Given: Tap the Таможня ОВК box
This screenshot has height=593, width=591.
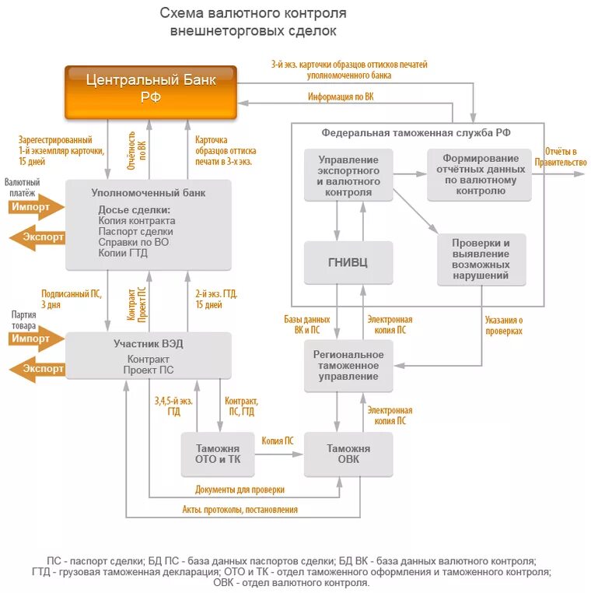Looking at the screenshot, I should pyautogui.click(x=348, y=454).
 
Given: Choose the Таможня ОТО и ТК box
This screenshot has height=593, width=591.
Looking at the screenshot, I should pyautogui.click(x=218, y=454).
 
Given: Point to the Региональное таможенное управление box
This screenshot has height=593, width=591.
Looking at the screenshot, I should pyautogui.click(x=348, y=365).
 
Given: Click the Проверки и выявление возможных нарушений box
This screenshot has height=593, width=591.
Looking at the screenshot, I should pyautogui.click(x=481, y=259).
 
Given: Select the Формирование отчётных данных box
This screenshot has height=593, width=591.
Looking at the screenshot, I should pyautogui.click(x=479, y=174).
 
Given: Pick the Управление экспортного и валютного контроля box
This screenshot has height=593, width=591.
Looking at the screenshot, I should pyautogui.click(x=348, y=175).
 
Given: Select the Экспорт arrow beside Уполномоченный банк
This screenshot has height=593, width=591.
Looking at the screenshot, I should pyautogui.click(x=37, y=237).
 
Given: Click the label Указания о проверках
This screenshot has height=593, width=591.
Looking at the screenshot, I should pyautogui.click(x=503, y=325).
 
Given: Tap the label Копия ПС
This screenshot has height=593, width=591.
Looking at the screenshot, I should pyautogui.click(x=278, y=440).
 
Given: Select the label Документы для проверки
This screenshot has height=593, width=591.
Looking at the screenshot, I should pyautogui.click(x=240, y=489).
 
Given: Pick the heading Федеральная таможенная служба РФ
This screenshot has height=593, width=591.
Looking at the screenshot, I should pyautogui.click(x=416, y=132).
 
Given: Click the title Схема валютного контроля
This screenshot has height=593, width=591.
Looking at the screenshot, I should pyautogui.click(x=254, y=13).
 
